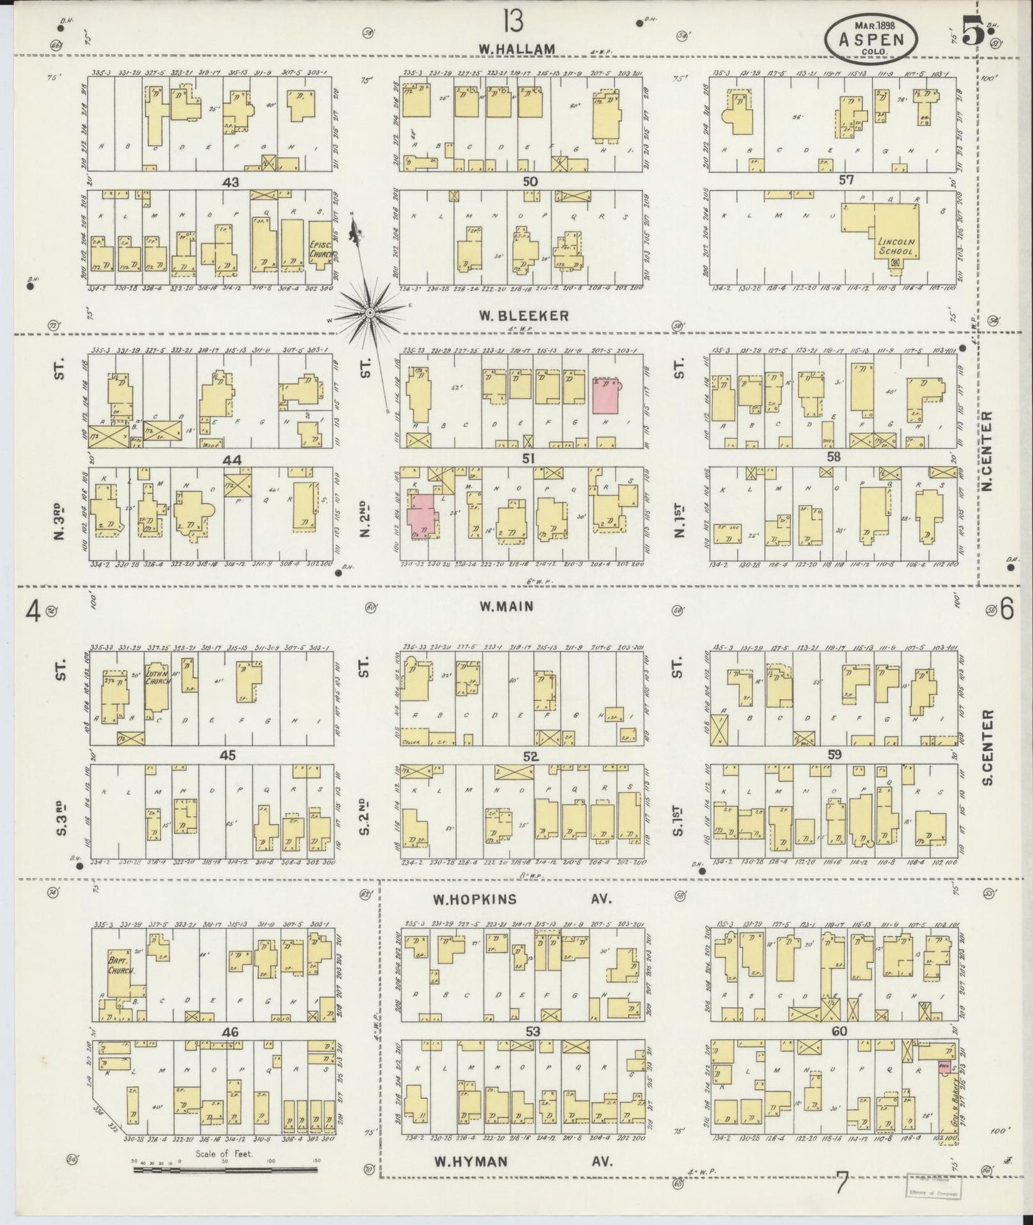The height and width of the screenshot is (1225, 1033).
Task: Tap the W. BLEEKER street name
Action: coord(524,315)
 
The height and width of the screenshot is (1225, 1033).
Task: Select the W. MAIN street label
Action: coord(507,607)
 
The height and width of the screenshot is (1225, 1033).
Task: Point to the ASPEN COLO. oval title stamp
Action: coord(872,36)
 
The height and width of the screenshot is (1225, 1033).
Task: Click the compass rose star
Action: coord(371,313)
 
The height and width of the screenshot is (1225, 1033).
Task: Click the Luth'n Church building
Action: coord(157,678)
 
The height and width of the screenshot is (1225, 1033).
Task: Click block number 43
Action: coord(230,183)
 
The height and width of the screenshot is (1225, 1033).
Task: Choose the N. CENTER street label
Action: coord(988,451)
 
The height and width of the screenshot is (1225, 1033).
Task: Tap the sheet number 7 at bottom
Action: coord(841,1186)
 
